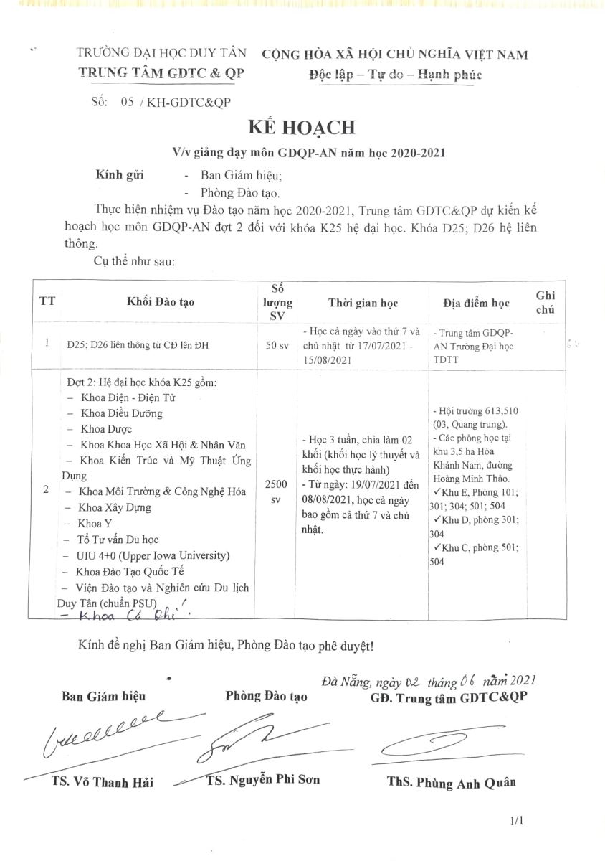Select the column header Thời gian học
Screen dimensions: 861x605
click(x=363, y=302)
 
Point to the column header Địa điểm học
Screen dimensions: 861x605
click(x=477, y=303)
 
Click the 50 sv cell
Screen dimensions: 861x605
click(x=277, y=345)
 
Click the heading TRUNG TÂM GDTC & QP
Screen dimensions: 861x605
click(x=161, y=72)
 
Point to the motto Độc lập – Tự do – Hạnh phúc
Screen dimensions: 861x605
click(x=395, y=75)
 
